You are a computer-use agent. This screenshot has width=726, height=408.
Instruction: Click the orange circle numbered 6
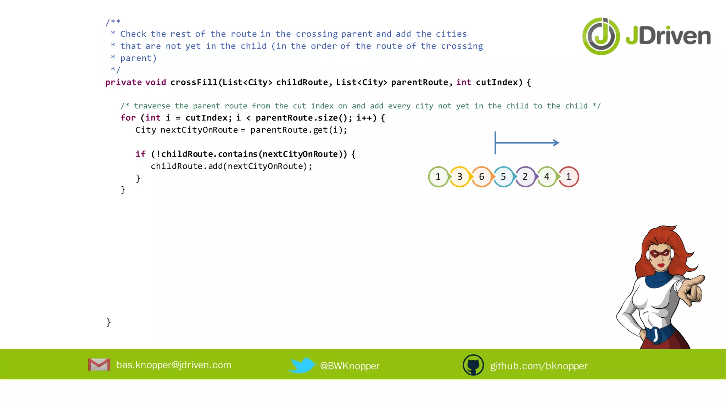point(481,177)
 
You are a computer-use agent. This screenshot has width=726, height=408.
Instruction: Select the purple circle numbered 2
point(525,177)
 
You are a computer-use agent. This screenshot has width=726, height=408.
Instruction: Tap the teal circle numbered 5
point(503,177)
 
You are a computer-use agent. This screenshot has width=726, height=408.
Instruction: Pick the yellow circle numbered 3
point(460,177)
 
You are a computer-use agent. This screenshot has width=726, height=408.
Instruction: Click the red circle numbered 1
point(569,177)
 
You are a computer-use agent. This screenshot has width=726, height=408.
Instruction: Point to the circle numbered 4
point(547,177)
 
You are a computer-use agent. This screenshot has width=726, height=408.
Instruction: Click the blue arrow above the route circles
point(527,143)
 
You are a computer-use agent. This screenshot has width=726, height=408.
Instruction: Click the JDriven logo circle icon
point(601,36)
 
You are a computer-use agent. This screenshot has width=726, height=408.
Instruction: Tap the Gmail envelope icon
point(99,365)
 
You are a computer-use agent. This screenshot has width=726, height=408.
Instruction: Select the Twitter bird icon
point(301,365)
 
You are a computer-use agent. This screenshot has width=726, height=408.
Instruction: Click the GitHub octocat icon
point(473,365)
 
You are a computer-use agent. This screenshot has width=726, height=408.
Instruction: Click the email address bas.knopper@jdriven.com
point(174,365)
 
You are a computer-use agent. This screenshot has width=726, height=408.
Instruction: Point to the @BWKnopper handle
point(350,366)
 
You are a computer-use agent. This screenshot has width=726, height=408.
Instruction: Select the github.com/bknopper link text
point(538,366)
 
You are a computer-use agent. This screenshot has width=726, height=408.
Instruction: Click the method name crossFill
point(194,83)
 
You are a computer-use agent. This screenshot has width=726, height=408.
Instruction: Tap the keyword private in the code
point(123,83)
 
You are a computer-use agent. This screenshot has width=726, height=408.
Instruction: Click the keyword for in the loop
point(128,118)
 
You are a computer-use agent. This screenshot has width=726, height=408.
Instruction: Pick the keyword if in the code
point(140,154)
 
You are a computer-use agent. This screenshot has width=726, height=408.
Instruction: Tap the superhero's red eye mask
point(660,254)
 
